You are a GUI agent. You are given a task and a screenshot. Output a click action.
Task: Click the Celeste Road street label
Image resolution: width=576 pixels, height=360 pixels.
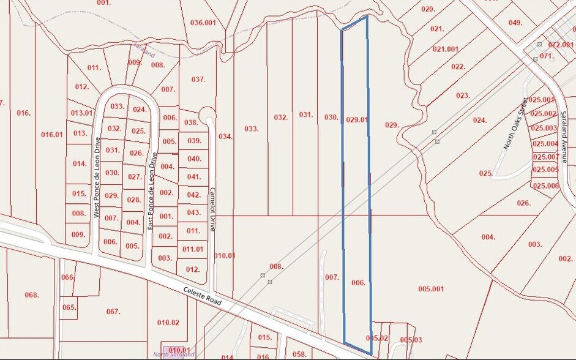209,297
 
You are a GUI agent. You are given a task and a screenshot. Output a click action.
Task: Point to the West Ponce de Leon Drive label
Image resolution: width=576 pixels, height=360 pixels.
96,178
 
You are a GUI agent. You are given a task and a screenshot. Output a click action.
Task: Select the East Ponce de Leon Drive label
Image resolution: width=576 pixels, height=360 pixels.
152,191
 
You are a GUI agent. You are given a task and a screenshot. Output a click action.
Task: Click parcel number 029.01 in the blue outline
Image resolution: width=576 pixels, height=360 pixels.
357,119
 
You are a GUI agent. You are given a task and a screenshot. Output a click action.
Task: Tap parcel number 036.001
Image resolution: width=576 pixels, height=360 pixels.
204,23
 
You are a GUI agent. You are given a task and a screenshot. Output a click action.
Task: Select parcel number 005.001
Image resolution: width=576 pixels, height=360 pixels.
431,288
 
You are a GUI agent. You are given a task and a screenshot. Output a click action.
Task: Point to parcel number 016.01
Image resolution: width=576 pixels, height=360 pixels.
52,135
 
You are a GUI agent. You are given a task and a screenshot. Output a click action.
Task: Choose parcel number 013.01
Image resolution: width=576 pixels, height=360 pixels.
81,113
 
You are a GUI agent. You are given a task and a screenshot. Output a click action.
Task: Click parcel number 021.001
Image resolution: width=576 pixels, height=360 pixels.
446,49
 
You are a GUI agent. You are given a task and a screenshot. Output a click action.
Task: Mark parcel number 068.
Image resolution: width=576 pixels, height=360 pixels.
32,295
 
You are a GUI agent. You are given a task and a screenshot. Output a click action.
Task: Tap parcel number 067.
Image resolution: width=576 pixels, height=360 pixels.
113,312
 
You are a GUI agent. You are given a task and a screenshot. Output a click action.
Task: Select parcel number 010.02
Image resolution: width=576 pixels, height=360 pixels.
168,322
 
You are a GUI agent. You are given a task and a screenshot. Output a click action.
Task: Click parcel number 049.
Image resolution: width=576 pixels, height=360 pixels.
515,23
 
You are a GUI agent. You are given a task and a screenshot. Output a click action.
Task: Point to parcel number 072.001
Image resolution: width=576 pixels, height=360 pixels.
561,45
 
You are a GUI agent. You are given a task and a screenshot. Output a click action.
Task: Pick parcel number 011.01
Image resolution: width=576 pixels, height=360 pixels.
193,249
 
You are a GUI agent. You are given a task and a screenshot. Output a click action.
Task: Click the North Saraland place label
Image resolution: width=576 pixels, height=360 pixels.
174,354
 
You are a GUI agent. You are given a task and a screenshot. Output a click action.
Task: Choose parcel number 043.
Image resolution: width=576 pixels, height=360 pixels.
193,212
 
